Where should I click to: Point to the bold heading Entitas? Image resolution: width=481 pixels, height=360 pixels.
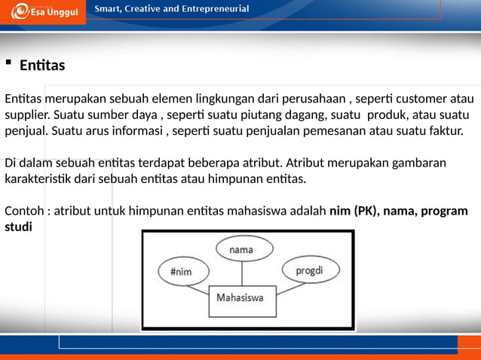point(42,66)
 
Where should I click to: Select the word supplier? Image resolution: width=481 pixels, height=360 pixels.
point(26,117)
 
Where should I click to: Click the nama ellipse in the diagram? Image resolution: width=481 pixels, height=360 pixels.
point(240,249)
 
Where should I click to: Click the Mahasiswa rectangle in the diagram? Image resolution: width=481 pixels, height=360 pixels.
point(240,298)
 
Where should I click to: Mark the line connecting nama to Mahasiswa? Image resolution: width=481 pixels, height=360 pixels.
point(240,273)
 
